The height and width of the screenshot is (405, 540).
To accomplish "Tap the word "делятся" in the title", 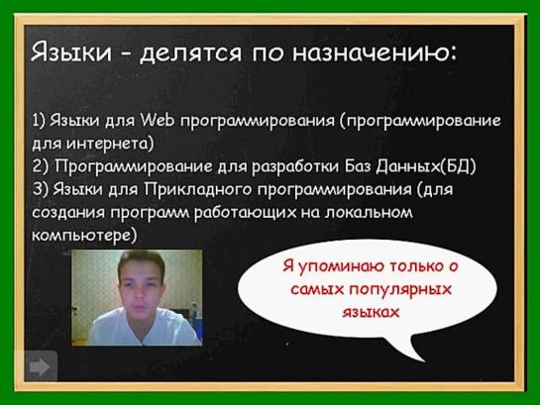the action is coord(190,53).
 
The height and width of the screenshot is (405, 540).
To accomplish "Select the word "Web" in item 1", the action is coord(158,120).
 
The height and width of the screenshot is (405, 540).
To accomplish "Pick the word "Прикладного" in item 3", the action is coord(198,189).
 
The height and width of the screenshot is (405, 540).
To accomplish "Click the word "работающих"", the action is coord(245,212).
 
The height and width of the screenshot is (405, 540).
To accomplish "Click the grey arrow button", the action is coord(40,366).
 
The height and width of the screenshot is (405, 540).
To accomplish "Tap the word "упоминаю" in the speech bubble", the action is coord(340,266).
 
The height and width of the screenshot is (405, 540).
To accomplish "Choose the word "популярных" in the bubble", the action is coord(400,289).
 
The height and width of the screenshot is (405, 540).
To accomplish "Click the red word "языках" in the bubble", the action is coord(371,312).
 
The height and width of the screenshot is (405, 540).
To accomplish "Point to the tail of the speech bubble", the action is coord(424,360).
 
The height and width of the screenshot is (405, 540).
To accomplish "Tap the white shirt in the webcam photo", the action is coord(143,327).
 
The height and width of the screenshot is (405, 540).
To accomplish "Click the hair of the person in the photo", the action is coord(141,262).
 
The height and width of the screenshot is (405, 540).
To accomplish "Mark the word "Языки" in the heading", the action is coord(71,52).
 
